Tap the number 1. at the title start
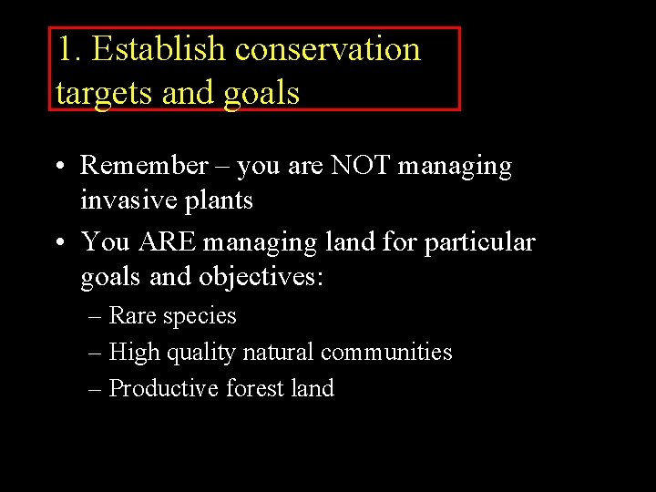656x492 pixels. pyautogui.click(x=69, y=49)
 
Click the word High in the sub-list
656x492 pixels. pyautogui.click(x=133, y=352)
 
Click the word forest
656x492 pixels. pyautogui.click(x=254, y=388)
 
